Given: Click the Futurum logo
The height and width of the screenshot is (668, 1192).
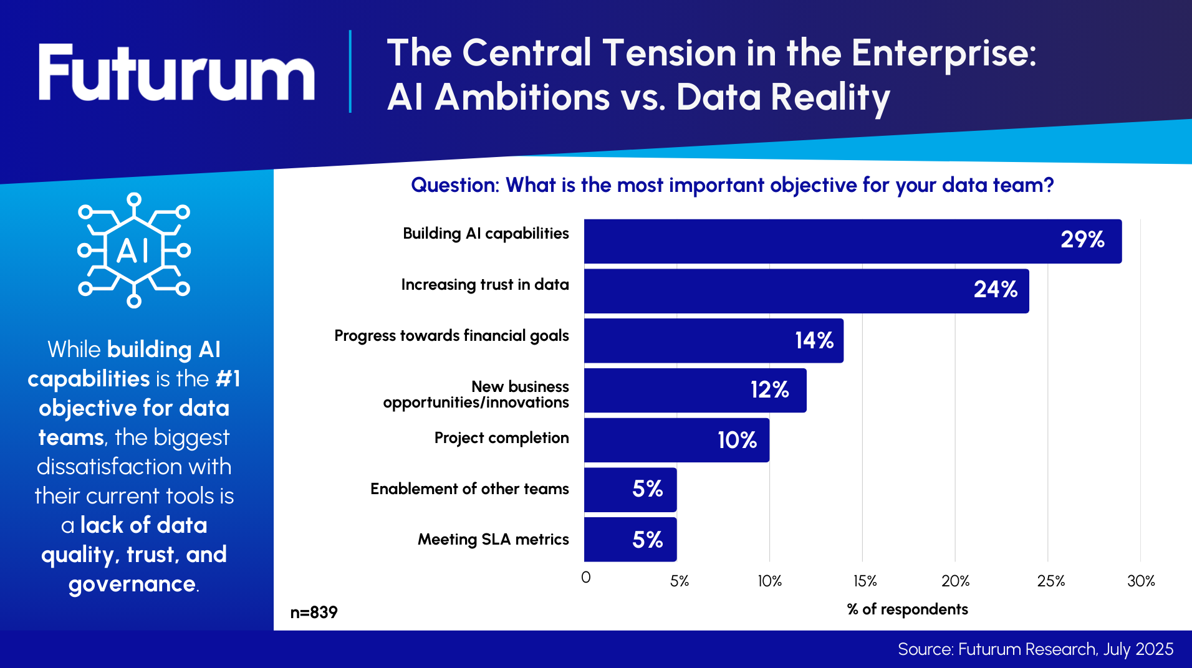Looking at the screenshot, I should [x=176, y=72].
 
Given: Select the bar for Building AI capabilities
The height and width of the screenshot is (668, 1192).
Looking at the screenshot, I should [x=852, y=241].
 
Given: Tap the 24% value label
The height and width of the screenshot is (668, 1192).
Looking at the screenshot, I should [x=995, y=290].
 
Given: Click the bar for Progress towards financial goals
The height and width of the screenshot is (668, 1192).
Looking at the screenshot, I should [x=713, y=341].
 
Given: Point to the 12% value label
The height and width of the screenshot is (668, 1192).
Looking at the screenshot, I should [x=769, y=390].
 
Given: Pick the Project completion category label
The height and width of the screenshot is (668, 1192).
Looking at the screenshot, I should [x=501, y=438].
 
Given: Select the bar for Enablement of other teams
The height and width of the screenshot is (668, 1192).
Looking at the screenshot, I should [x=630, y=490].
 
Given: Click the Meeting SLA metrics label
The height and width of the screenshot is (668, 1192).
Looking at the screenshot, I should [x=493, y=540].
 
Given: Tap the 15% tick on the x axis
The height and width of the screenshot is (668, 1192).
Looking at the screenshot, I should [x=865, y=581].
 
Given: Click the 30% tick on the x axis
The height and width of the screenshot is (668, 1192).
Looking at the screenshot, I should [x=1141, y=581].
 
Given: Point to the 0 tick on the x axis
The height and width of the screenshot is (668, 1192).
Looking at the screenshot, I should [x=586, y=578].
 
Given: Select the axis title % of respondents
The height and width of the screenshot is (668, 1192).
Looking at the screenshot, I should [x=907, y=609].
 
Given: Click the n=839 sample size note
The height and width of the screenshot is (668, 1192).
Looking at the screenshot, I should [x=314, y=613].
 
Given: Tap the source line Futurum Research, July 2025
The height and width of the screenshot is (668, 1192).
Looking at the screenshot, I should [x=1035, y=649].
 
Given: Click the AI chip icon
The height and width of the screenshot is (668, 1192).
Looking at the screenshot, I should [x=134, y=250].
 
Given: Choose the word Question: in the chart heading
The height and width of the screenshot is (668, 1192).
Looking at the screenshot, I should [x=455, y=185].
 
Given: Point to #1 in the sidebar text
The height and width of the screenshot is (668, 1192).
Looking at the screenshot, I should [x=228, y=379].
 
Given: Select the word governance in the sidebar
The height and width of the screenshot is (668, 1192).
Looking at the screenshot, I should [x=132, y=584].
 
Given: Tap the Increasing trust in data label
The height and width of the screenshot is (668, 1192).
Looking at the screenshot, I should [x=485, y=285].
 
